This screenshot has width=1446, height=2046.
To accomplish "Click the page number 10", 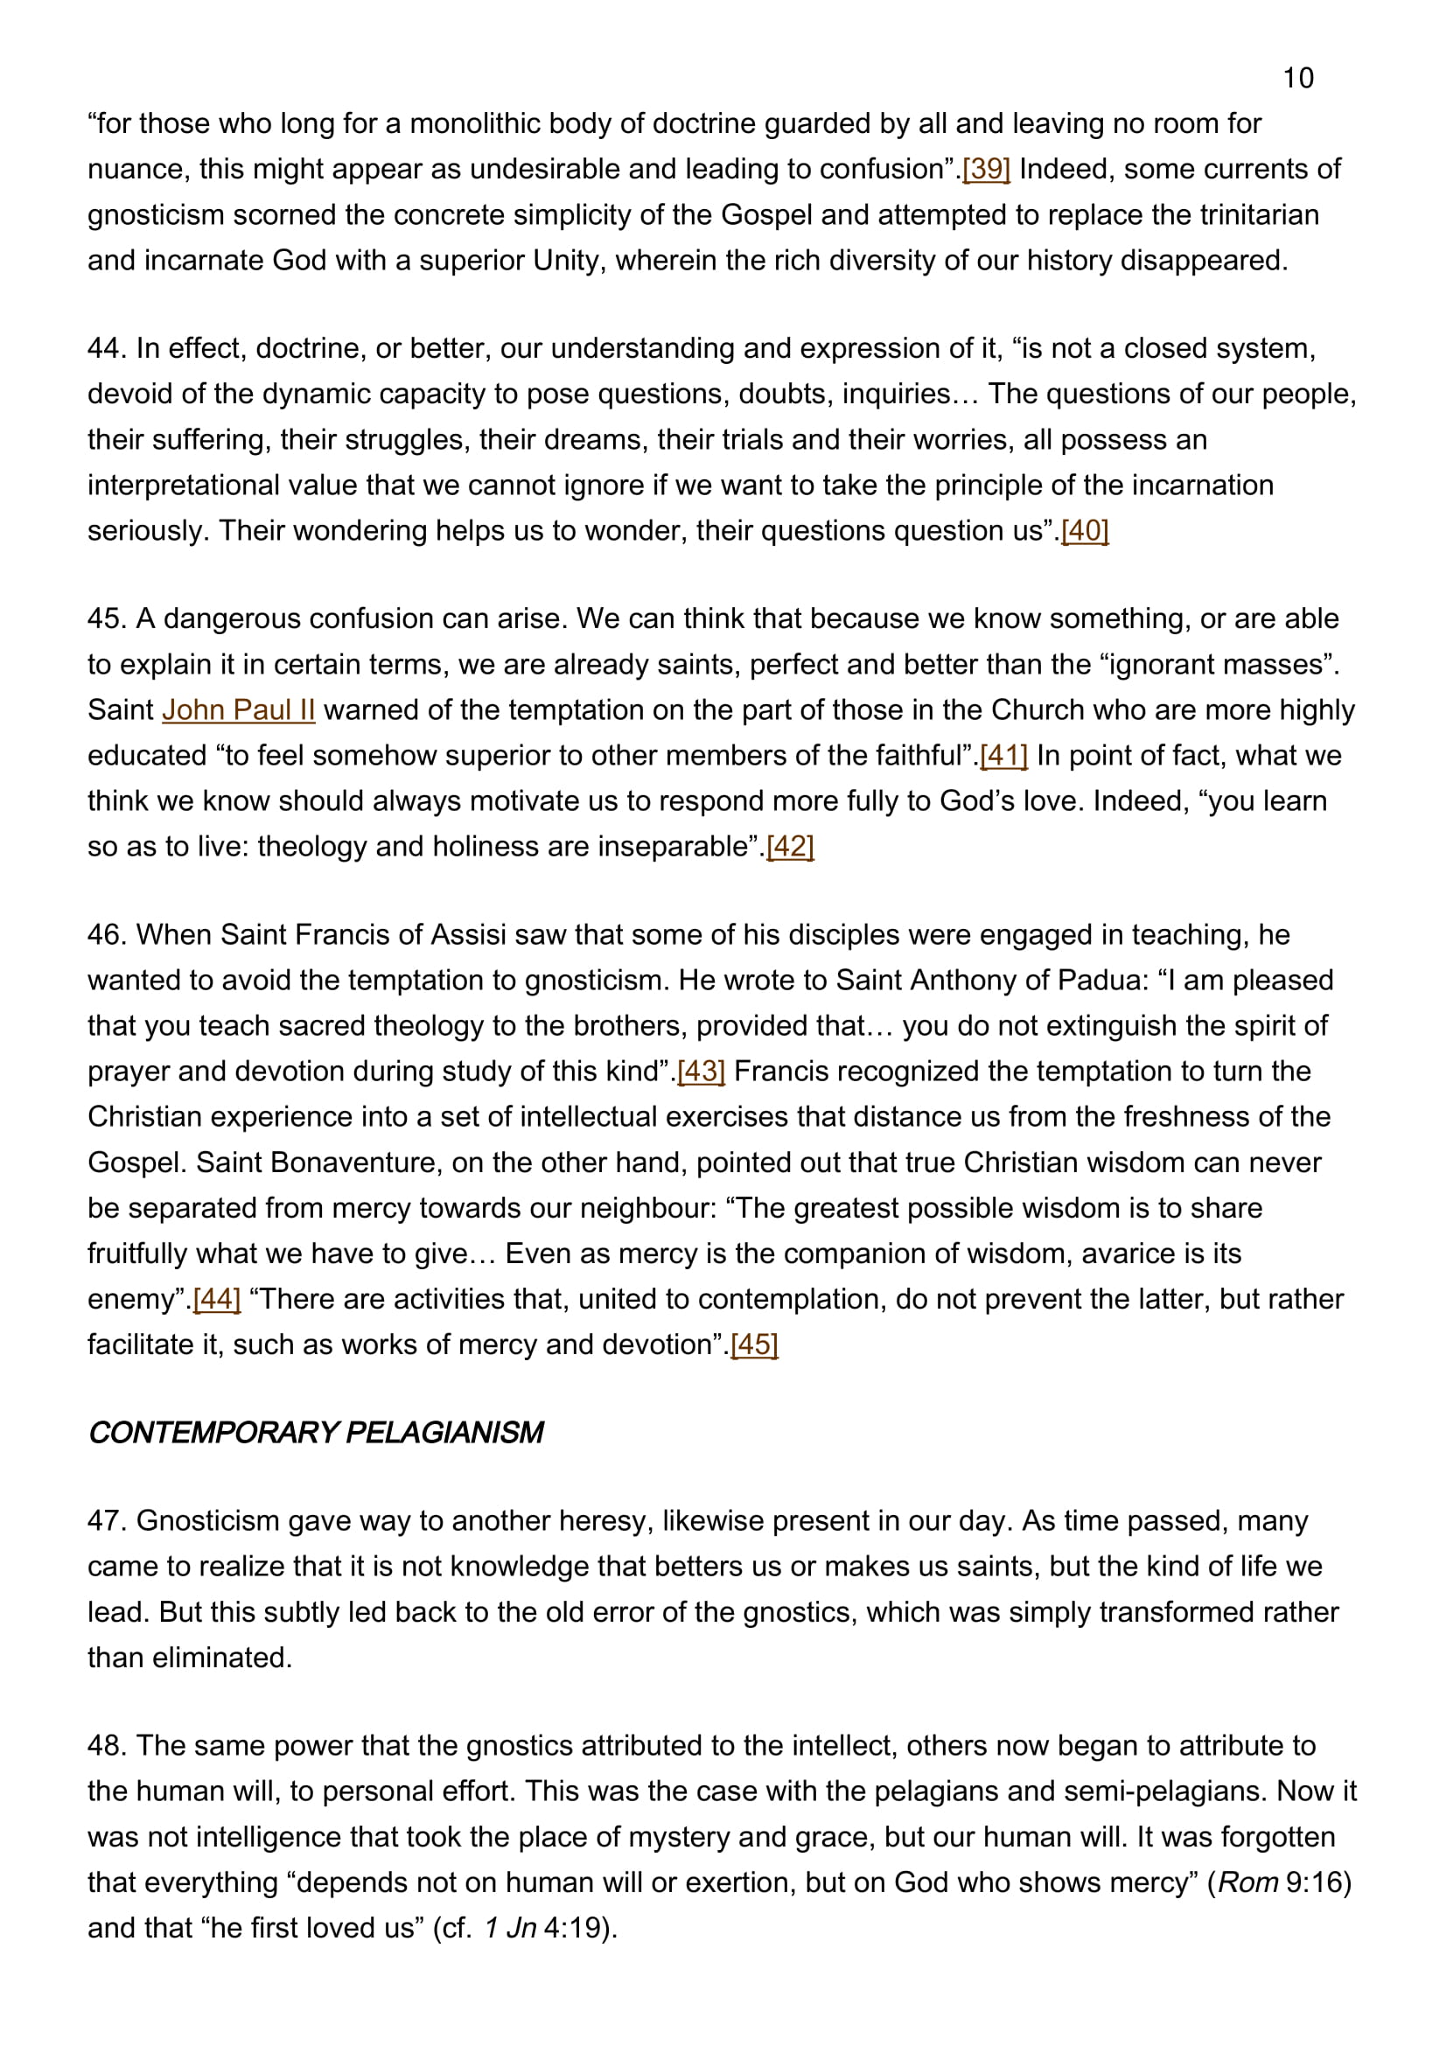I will point(1297,79).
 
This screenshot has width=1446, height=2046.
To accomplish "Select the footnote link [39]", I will point(985,170).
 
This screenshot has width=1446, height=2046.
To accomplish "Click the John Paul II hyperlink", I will point(238,710).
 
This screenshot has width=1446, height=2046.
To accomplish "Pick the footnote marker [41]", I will point(1003,756).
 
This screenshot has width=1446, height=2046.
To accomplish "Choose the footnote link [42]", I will point(790,847).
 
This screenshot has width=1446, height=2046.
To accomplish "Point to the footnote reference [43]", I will point(702,1072).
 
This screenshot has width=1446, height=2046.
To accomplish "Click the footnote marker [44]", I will point(216,1299).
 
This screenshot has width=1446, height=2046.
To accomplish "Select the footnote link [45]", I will point(754,1344).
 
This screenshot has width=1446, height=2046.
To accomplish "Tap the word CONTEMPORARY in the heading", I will point(212,1433).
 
